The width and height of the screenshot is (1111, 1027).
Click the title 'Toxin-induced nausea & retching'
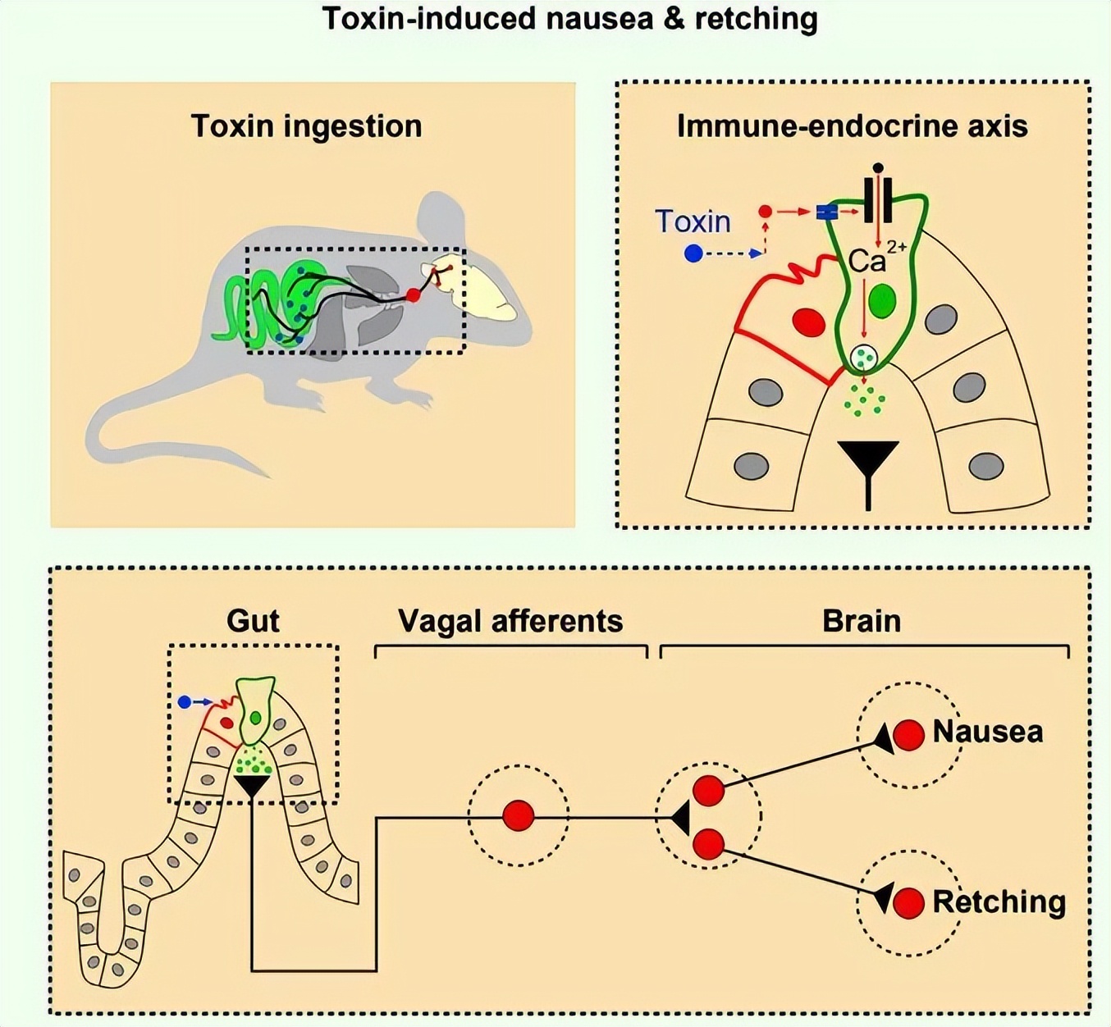pos(569,18)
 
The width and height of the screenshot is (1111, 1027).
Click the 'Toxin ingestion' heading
pos(306,126)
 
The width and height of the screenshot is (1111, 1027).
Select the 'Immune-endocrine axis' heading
pos(852,126)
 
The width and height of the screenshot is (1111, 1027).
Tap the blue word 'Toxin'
pos(693,221)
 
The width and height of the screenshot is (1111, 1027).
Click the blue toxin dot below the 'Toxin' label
pos(693,254)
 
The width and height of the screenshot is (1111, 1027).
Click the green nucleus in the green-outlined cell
pos(882,301)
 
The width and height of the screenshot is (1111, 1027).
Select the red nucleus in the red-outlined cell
pos(809,322)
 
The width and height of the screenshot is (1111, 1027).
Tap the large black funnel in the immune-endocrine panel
pos(868,463)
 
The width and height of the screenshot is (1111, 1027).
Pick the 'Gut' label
pos(253,621)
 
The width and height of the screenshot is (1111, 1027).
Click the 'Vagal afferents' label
pos(510,621)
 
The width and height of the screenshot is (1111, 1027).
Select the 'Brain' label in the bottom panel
pos(862,621)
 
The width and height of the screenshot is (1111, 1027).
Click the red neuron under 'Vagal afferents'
pos(518,816)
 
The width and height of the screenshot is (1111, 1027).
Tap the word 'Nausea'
pos(988,732)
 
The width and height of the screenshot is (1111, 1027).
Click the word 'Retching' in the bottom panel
pos(999,902)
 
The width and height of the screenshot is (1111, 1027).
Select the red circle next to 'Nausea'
pos(908,735)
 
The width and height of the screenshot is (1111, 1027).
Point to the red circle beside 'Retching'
pos(908,904)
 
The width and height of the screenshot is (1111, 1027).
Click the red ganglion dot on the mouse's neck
pos(414,295)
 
